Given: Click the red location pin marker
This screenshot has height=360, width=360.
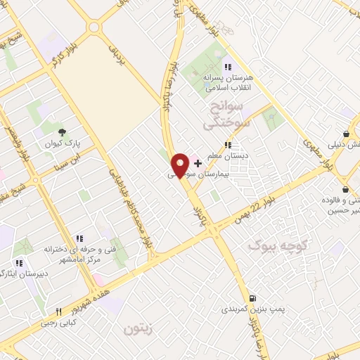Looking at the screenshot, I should [180, 165].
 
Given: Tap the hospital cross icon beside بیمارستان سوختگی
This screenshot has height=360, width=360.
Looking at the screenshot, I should [197, 162].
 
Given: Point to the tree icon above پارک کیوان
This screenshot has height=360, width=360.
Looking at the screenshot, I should [62, 132].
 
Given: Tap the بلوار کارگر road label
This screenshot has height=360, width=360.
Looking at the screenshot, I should [63, 63].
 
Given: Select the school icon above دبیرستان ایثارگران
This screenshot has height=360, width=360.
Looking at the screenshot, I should [19, 264].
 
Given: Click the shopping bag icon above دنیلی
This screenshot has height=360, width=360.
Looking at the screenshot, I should [347, 134].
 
